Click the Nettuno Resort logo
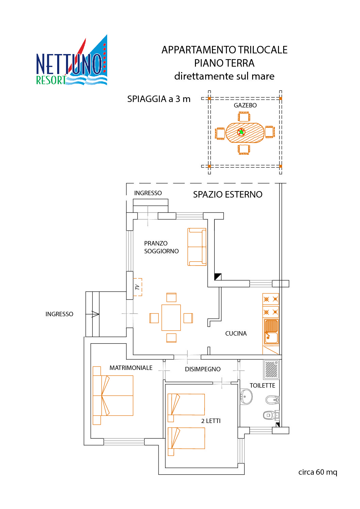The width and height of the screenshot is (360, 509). coord(72,60)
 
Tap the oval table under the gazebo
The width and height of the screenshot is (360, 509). coord(245,133)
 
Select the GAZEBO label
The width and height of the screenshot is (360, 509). coord(245,105)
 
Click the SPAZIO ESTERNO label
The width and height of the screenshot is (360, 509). coord(227,194)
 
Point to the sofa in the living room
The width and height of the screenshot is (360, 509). coord(197,247)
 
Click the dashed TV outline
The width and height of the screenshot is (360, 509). coord(137,287)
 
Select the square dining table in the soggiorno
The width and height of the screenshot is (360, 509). coord(171,318)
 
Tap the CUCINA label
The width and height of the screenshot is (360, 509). coord(235,334)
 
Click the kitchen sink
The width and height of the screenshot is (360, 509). coord(271,332)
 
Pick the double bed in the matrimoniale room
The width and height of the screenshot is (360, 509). coord(113,395)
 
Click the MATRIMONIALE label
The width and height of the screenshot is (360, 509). coord(131,368)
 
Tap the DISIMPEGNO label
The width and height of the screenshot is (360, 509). coord(202,369)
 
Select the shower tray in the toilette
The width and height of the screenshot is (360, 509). coord(271,369)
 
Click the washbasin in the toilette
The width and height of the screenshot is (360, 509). coord(246,396)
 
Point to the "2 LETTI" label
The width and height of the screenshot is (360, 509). coord(211,421)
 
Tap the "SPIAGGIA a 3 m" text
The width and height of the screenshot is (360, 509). coord(159,99)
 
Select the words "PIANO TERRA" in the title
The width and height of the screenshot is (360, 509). coord(224,63)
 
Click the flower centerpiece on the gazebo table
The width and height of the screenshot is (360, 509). coord(241,132)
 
